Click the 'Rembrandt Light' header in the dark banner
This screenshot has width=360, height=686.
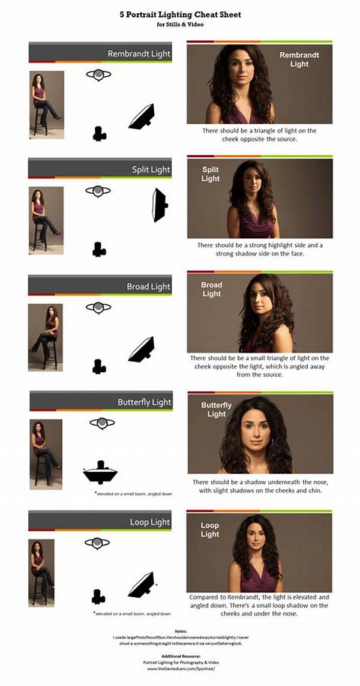[x=139, y=54]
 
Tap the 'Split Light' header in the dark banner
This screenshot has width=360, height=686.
[x=151, y=170]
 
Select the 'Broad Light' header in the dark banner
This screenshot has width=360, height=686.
[x=148, y=286]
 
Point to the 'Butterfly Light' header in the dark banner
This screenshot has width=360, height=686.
[x=144, y=402]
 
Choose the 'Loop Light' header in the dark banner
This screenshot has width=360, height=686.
[x=150, y=522]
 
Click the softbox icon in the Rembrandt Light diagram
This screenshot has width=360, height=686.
[x=142, y=117]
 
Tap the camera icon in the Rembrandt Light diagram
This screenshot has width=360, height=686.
[x=100, y=134]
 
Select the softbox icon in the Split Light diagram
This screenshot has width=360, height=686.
[x=160, y=205]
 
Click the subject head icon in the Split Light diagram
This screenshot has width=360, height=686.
[x=98, y=191]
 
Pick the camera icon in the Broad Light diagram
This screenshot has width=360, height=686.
[x=99, y=366]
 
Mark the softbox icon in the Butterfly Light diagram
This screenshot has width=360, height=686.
[x=101, y=473]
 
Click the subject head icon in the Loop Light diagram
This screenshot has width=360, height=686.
[x=97, y=543]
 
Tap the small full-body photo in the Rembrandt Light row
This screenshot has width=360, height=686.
[x=46, y=104]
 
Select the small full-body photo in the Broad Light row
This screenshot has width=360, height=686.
[x=45, y=337]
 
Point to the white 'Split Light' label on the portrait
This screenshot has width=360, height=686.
[x=211, y=174]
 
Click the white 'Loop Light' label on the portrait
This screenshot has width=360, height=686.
[x=210, y=529]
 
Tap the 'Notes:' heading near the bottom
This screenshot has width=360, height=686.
[x=180, y=631]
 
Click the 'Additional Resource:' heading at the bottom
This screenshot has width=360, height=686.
[x=180, y=656]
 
